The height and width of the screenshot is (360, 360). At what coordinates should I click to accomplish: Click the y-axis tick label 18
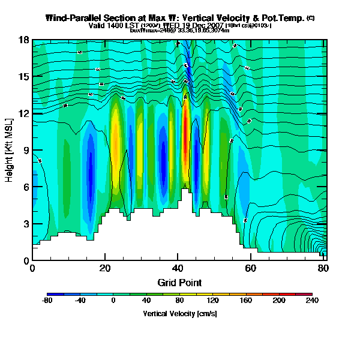click(23, 40)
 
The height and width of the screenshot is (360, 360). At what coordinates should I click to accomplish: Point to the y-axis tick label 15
click(23, 77)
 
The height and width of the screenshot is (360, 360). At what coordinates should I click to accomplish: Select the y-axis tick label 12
click(23, 113)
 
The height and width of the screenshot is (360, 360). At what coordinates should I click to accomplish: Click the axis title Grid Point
click(179, 282)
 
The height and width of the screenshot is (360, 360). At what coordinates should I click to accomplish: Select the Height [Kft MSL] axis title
click(10, 150)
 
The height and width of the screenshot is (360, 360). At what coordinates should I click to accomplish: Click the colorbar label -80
click(48, 301)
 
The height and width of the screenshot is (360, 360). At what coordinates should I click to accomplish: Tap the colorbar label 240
click(312, 301)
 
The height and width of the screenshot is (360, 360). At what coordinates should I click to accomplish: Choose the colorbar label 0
click(113, 301)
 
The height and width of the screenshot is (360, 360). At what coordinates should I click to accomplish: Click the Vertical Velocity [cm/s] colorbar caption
click(179, 314)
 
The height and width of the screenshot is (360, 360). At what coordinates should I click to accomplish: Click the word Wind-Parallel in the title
click(71, 18)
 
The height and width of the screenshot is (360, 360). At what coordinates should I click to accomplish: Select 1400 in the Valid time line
click(113, 26)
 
